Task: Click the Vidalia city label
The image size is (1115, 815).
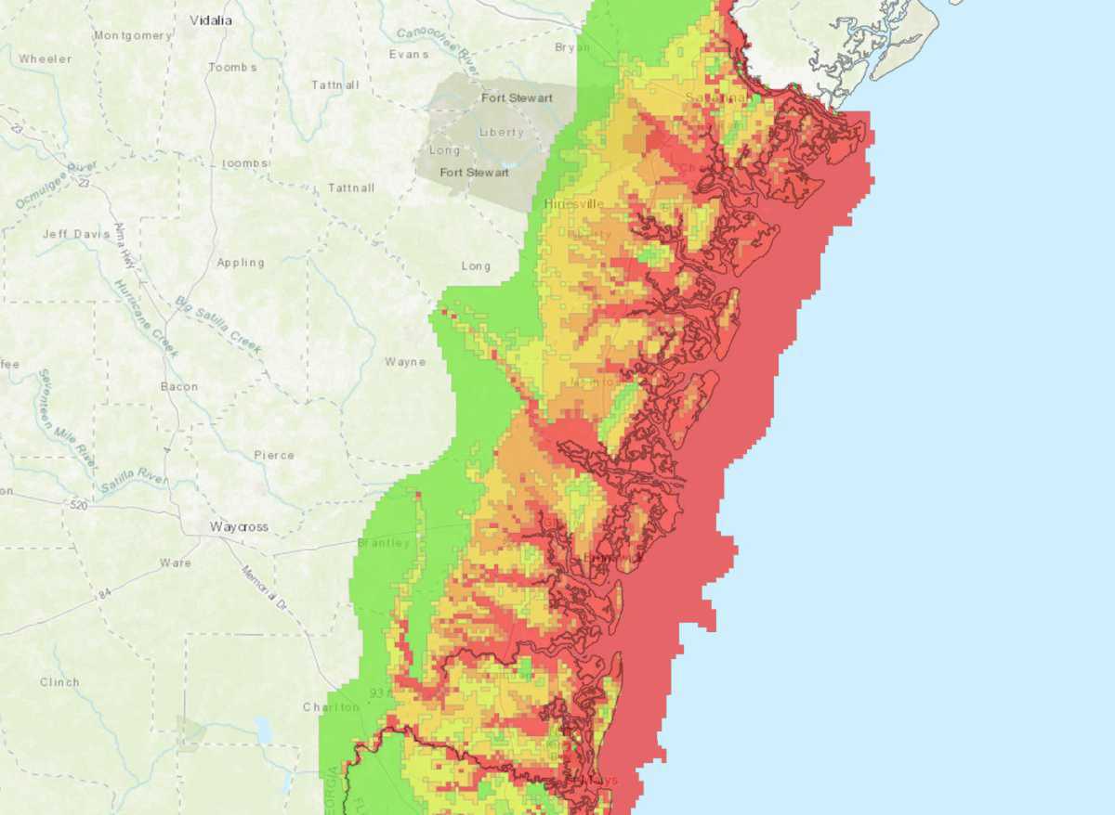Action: coord(211,19)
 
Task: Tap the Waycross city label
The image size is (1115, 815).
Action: coord(239,526)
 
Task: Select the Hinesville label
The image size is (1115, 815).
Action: coord(573,203)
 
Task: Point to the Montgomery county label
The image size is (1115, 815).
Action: coord(133,35)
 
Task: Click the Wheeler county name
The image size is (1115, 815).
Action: coord(45,58)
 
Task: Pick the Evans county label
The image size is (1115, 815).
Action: coord(409,54)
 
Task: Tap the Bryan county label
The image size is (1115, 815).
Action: coord(571,46)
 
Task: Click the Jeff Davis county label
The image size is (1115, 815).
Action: coord(76,234)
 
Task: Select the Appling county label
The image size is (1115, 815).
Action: coord(241,263)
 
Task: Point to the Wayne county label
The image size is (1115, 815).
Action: coord(405,362)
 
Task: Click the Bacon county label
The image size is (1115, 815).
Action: coord(179,386)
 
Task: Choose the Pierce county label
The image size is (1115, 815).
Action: coord(274,455)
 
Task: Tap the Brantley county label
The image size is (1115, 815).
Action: coord(384,543)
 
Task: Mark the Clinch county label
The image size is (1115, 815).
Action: coord(59,682)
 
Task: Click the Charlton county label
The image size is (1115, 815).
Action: coord(331,707)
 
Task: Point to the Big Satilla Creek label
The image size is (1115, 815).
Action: coord(219,326)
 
